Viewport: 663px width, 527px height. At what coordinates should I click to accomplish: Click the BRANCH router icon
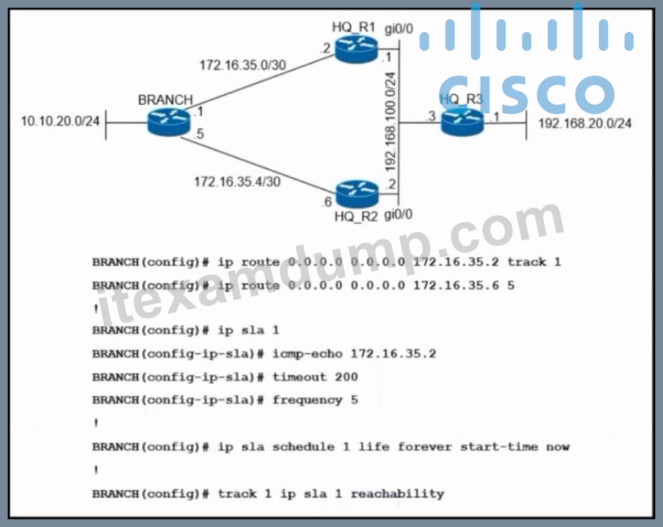pos(169,122)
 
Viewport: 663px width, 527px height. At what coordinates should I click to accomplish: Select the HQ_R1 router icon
pos(356,49)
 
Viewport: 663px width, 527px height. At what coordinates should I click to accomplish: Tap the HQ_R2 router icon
pos(357,194)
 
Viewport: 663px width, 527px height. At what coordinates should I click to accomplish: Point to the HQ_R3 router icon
pos(462,121)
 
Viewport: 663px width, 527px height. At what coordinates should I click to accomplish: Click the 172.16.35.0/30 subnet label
pos(243,65)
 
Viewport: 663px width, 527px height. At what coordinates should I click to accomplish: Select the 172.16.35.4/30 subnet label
pos(237,182)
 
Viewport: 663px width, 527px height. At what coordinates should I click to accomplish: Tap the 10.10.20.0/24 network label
pos(60,121)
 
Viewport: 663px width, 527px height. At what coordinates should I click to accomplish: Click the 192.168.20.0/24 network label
pos(585,123)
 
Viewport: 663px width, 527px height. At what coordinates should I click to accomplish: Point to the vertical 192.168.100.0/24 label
pos(390,121)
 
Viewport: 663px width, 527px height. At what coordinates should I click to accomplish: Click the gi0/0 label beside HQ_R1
pos(399,29)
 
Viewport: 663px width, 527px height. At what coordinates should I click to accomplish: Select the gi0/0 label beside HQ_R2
pos(398,214)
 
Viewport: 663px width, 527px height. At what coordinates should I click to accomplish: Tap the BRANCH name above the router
pos(165,100)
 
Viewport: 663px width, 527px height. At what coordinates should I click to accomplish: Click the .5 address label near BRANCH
pos(199,134)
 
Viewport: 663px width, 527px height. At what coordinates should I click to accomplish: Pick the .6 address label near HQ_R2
pos(327,202)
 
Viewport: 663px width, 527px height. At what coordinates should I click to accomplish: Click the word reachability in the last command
pos(398,494)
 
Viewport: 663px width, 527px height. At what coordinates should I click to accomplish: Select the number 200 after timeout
pos(347,377)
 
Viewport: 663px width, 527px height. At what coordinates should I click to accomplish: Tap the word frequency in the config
pos(308,400)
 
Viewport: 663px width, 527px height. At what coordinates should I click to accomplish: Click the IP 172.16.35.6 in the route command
pos(457,286)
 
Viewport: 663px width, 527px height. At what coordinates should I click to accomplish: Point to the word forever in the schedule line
pos(425,446)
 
